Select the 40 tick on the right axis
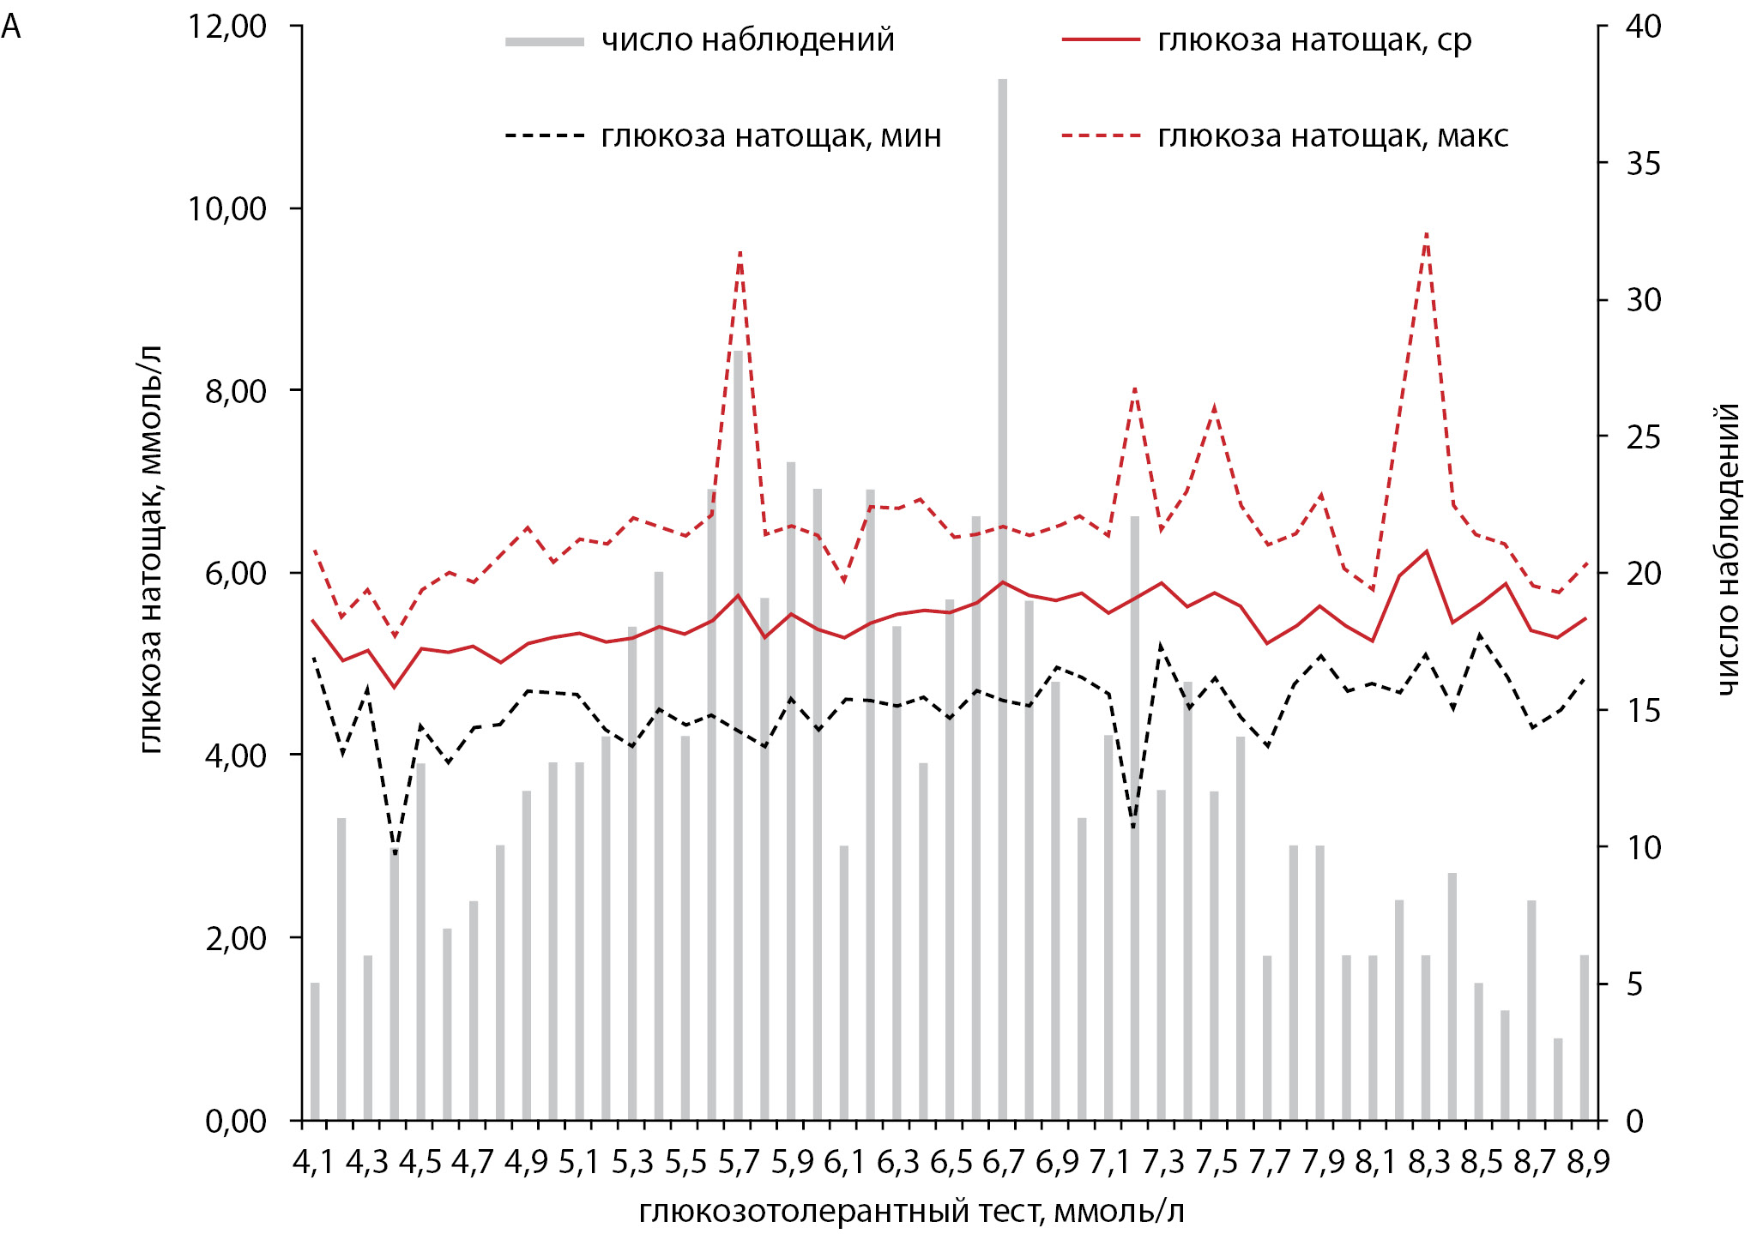click(1643, 27)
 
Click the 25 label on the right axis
click(1643, 437)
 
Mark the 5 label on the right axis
click(1634, 984)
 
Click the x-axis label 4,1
click(313, 1163)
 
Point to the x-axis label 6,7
click(1003, 1163)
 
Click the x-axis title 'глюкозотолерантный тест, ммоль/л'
click(911, 1212)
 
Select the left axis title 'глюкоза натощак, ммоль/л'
click(150, 549)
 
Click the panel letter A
click(11, 27)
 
